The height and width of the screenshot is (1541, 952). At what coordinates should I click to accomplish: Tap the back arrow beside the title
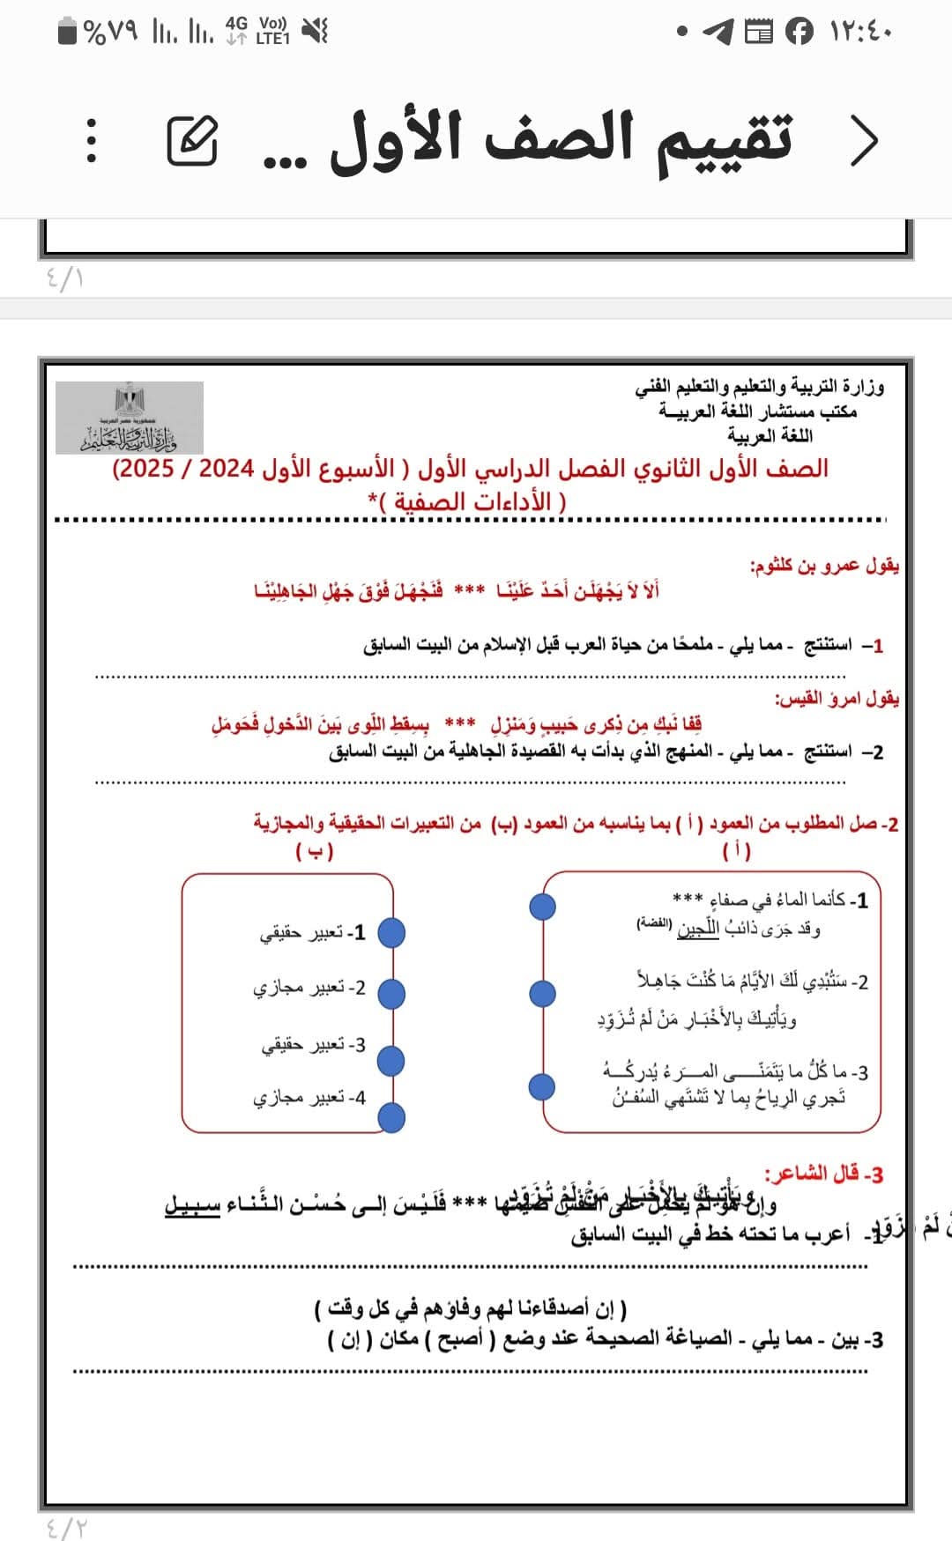[x=865, y=140]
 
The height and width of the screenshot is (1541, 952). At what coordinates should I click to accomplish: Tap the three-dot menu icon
[x=91, y=141]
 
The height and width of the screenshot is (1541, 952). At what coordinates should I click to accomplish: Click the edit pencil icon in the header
[x=192, y=141]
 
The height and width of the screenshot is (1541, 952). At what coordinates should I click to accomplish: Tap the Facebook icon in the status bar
[x=799, y=33]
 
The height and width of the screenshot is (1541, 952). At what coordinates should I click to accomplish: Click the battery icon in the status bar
[x=68, y=33]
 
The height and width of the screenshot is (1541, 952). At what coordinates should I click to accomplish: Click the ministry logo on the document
[x=130, y=418]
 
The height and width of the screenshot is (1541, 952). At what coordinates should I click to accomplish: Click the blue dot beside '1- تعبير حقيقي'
[x=390, y=932]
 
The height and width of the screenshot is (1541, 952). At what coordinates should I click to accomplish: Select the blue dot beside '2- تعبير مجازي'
[x=390, y=993]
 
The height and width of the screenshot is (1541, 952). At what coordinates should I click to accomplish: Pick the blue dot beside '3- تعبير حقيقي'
[x=390, y=1061]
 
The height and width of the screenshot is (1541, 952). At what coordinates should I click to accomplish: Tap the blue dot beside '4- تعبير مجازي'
[x=391, y=1118]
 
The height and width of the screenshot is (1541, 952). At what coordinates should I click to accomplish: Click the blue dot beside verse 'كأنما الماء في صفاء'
[x=542, y=906]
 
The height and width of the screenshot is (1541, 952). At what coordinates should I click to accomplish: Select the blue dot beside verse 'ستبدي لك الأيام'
[x=542, y=994]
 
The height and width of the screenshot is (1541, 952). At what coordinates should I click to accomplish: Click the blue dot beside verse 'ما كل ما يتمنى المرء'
[x=542, y=1086]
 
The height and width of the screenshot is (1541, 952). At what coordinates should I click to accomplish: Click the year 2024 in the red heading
[x=227, y=468]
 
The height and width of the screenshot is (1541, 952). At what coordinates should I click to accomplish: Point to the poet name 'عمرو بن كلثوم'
[x=807, y=566]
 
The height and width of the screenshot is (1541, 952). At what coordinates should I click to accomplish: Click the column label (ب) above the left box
[x=315, y=851]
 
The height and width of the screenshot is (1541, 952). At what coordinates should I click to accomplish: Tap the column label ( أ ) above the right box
[x=737, y=851]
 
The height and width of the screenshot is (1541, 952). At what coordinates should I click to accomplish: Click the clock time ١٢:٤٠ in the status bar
[x=861, y=33]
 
